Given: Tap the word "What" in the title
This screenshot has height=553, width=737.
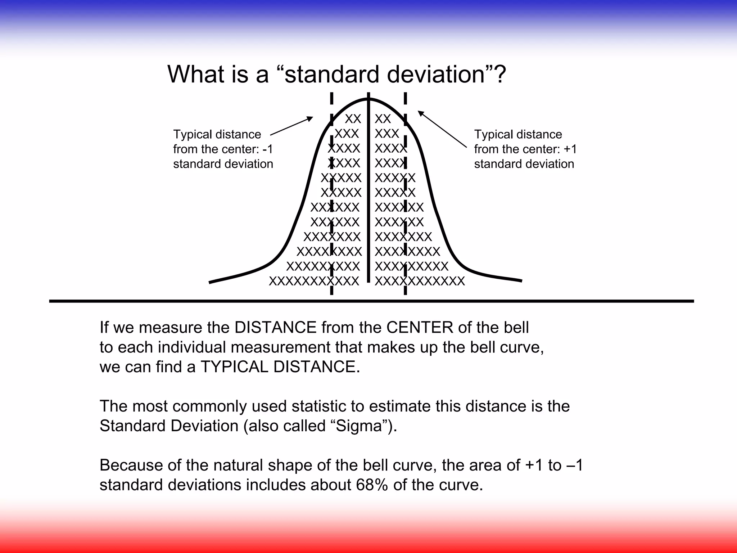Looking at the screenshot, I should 194,74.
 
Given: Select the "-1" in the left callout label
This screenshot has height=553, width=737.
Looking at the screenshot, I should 268,149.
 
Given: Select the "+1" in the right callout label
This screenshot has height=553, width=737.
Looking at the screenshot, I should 570,149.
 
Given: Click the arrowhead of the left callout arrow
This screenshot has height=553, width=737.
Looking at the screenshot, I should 311,118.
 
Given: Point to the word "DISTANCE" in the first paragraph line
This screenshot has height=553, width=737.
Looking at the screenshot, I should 276,328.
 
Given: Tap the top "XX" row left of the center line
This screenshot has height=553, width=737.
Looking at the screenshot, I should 353,119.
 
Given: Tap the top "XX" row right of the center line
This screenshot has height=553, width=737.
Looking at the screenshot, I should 383,119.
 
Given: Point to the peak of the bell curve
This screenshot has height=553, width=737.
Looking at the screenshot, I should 368,98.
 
